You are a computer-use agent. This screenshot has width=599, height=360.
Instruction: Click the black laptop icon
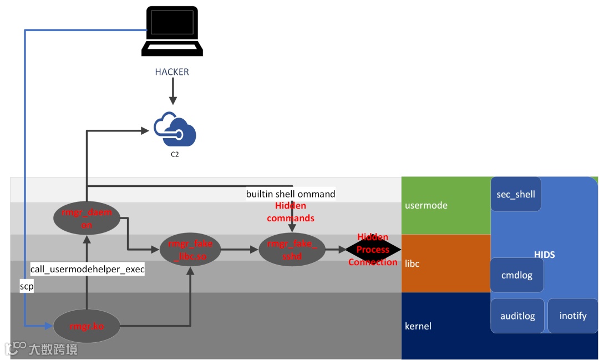pos(172,31)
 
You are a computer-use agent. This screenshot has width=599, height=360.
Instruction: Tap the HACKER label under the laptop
pos(172,72)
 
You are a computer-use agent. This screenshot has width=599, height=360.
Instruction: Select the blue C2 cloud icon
pos(175,130)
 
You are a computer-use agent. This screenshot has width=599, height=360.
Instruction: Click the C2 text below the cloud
pos(175,155)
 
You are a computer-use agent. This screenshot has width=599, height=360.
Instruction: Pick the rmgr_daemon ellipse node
pos(87,217)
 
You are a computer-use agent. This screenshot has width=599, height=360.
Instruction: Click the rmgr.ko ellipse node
pos(87,326)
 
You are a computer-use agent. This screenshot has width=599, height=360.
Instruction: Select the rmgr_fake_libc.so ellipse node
pos(190,250)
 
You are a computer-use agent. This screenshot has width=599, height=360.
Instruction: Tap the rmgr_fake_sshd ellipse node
pos(292,250)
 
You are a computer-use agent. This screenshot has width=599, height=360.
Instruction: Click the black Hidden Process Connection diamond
pos(373,250)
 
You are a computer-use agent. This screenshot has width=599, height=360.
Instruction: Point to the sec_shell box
pos(516,194)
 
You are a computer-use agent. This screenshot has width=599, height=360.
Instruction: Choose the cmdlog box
pos(517,275)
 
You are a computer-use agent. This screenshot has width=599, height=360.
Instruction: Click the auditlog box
pos(517,316)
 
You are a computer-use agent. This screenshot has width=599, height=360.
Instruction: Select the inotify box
pos(573,316)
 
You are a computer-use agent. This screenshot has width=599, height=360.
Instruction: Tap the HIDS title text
pos(545,255)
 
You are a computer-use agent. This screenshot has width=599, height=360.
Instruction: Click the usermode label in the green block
pos(426,205)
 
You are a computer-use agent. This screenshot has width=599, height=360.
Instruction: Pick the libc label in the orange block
pos(412,263)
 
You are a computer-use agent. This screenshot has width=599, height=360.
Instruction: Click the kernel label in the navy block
pos(418,326)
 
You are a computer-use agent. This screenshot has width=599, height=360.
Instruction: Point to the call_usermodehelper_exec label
pos(87,270)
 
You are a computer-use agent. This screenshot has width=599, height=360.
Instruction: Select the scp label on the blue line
pos(27,286)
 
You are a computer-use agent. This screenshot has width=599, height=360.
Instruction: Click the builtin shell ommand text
pos(291,194)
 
